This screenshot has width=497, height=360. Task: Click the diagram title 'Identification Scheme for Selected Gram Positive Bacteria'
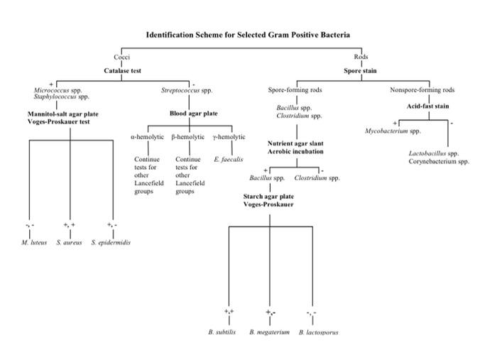pyautogui.click(x=248, y=35)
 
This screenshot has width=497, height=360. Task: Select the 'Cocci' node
pyautogui.click(x=121, y=57)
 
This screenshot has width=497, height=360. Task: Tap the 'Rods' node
pyautogui.click(x=361, y=57)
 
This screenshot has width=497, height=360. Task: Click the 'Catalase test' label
pyautogui.click(x=122, y=71)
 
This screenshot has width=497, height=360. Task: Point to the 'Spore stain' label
pyautogui.click(x=361, y=71)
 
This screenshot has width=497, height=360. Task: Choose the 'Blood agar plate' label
pyautogui.click(x=194, y=114)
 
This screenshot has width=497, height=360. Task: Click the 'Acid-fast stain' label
pyautogui.click(x=428, y=107)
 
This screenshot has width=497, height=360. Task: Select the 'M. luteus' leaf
pyautogui.click(x=34, y=243)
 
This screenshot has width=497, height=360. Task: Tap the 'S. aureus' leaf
pyautogui.click(x=69, y=243)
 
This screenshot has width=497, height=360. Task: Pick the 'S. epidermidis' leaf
pyautogui.click(x=111, y=243)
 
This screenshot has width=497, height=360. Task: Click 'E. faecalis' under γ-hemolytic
pyautogui.click(x=228, y=159)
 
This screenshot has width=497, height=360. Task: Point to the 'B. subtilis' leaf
pyautogui.click(x=222, y=332)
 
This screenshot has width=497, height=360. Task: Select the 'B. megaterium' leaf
pyautogui.click(x=269, y=332)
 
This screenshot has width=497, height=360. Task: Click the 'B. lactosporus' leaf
pyautogui.click(x=319, y=332)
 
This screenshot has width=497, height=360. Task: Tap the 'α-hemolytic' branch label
pyautogui.click(x=148, y=137)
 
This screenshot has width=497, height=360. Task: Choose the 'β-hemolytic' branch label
pyautogui.click(x=188, y=137)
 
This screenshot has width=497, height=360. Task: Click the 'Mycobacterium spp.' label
pyautogui.click(x=393, y=131)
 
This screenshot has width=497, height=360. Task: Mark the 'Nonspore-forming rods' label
pyautogui.click(x=422, y=90)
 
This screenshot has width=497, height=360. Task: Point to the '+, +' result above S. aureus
pyautogui.click(x=69, y=225)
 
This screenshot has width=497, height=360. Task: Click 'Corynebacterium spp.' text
pyautogui.click(x=439, y=161)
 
